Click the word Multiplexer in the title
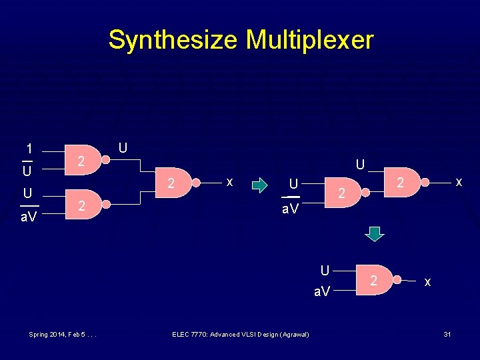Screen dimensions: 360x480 point(309,40)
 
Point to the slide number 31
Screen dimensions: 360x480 point(447,333)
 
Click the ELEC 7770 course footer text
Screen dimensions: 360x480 point(240,333)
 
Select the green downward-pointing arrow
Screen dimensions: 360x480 point(376,233)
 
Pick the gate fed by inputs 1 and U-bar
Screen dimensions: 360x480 point(83,161)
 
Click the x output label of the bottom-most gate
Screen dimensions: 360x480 point(427,282)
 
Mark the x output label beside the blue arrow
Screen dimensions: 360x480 point(229,181)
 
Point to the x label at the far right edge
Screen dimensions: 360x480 point(458,181)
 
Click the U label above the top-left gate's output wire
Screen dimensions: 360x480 point(122,147)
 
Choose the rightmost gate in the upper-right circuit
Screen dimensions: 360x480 point(401,182)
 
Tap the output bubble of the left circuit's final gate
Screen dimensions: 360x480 point(196,182)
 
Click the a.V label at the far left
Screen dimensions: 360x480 point(27,217)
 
